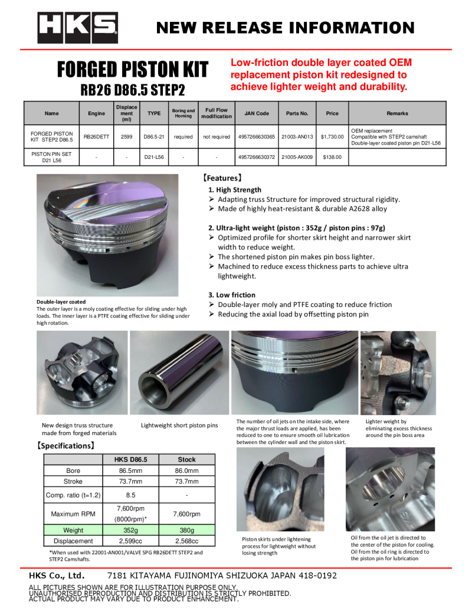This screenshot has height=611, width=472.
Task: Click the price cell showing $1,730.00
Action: pyautogui.click(x=332, y=137)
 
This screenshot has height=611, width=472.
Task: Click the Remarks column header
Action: pyautogui.click(x=397, y=113)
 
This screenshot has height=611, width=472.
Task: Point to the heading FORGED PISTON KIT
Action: pyautogui.click(x=132, y=70)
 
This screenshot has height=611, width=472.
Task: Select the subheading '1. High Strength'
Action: pyautogui.click(x=235, y=189)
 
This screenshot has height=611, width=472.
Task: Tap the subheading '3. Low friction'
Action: pyautogui.click(x=232, y=295)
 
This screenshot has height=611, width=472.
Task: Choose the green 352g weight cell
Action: pyautogui.click(x=130, y=530)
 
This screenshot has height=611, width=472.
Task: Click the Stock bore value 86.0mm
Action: pyautogui.click(x=186, y=470)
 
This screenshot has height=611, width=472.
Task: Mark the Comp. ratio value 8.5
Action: pyautogui.click(x=130, y=495)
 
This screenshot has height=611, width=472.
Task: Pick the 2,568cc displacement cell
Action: pyautogui.click(x=186, y=541)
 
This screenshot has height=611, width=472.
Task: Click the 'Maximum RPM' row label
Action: pyautogui.click(x=73, y=514)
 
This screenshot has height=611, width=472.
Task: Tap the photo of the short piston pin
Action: pyautogui.click(x=178, y=371)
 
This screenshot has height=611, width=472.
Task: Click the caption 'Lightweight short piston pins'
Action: pyautogui.click(x=179, y=425)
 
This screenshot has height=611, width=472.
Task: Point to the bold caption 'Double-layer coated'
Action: pyautogui.click(x=61, y=302)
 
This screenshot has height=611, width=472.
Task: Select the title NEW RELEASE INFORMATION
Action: pyautogui.click(x=285, y=28)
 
